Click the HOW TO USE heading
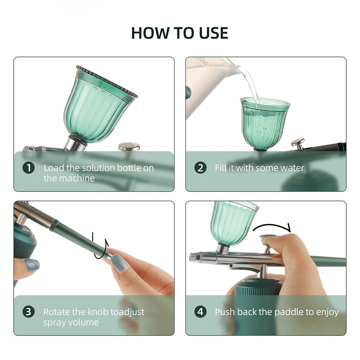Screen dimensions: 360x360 [x=180, y=33]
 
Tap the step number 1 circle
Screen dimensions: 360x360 [x=29, y=168]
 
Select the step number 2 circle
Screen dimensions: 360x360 [x=201, y=168]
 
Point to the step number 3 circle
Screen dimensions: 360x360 [x=29, y=312]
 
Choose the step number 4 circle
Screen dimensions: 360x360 [x=201, y=312]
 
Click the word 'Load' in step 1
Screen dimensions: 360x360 [x=53, y=168]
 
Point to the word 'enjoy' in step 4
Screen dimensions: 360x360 [x=328, y=312]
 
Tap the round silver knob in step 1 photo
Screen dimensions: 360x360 [x=129, y=146]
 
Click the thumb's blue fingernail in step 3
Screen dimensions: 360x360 [x=31, y=265]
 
